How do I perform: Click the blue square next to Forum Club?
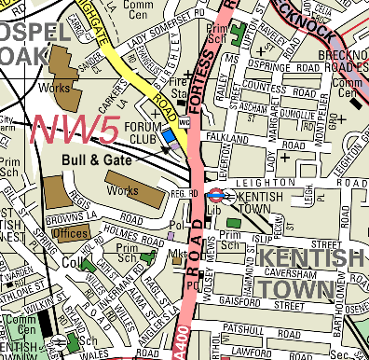click(169, 137)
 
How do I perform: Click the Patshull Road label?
click(258, 329)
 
